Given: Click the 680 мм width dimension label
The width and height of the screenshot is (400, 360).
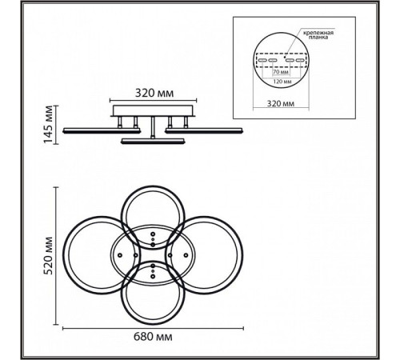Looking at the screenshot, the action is [153, 337].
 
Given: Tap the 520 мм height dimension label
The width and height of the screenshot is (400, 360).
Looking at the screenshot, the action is [49, 255].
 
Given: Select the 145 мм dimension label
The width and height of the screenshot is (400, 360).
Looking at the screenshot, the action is [49, 125].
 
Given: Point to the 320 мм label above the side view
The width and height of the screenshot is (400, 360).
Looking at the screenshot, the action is [154, 93].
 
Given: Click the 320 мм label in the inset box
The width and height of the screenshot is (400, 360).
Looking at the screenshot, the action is [281, 103].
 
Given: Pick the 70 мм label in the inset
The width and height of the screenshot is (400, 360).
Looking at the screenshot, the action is [281, 72].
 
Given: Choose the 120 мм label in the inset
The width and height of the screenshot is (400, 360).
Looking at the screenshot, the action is [282, 82].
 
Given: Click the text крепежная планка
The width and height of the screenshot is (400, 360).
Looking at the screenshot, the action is [318, 35].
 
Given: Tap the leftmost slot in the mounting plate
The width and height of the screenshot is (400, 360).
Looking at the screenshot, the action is [262, 60].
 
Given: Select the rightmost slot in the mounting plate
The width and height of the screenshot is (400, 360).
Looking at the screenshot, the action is [300, 60].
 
